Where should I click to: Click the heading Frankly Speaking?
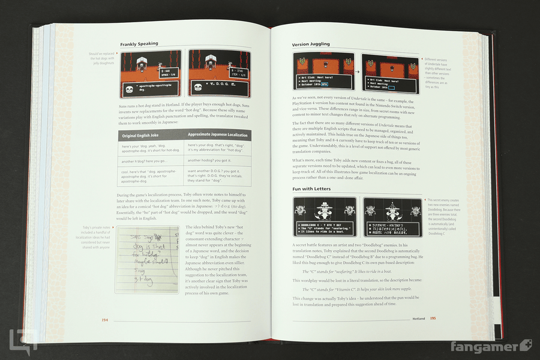click(139, 44)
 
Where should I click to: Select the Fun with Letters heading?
click(312, 189)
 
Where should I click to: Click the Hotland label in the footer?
click(419, 318)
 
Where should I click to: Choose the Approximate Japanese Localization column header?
click(218, 135)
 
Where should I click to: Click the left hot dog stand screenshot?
click(152, 74)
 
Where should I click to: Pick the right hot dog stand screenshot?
click(218, 74)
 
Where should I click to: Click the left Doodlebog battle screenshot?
click(325, 218)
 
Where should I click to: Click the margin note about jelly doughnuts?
click(101, 57)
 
